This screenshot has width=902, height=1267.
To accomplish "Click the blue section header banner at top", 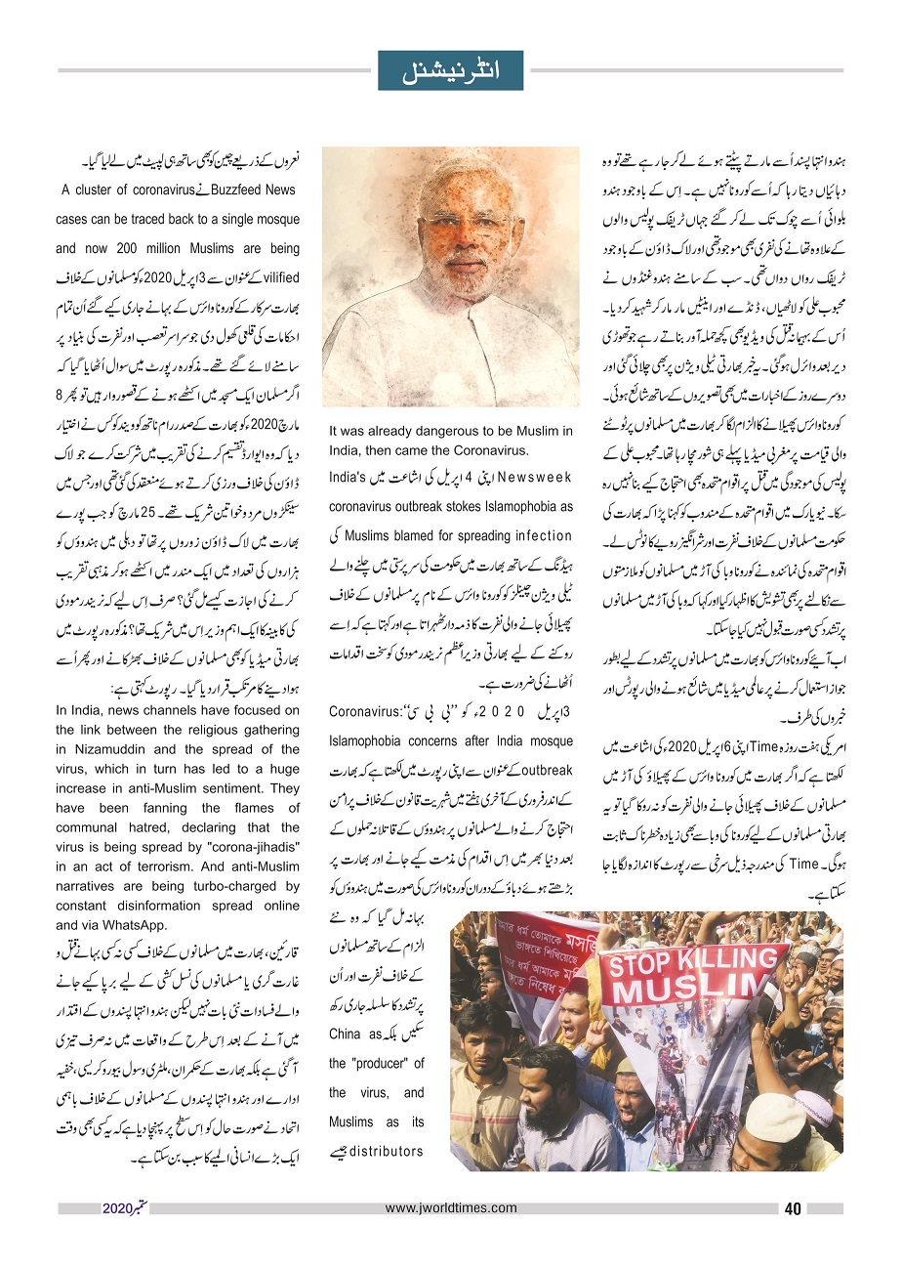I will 450,70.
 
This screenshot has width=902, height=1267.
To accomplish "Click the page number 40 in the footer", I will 792,1208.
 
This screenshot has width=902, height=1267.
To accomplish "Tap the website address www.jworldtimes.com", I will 450,1207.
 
